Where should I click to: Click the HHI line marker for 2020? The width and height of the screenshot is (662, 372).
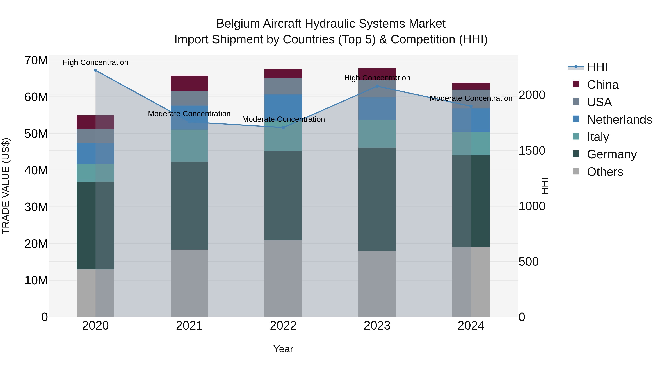[x=95, y=70]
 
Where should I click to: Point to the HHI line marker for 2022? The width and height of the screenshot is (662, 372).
[x=283, y=128]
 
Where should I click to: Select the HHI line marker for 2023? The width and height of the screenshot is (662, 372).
[x=377, y=86]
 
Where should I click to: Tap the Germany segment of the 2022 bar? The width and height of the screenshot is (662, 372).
[x=283, y=196]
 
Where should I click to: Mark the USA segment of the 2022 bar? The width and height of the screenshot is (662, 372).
[x=283, y=86]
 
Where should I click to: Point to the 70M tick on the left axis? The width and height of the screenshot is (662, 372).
[x=36, y=61]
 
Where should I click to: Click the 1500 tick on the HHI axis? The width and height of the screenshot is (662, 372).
[x=532, y=151]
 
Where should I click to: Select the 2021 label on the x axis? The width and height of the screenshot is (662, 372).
[x=189, y=326]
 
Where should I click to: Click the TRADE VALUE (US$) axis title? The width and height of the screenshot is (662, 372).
[x=6, y=186]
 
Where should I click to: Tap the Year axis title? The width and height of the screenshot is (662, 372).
[x=283, y=349]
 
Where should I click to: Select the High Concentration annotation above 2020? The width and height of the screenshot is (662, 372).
[x=95, y=62]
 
